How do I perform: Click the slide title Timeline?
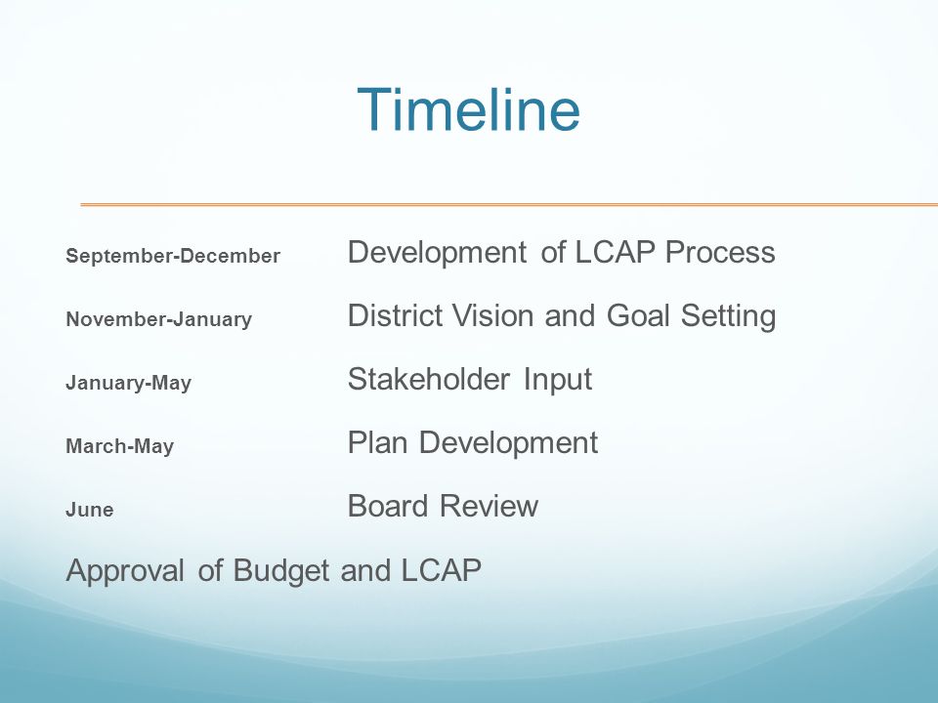468,109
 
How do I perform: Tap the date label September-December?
173,256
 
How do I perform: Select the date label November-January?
158,319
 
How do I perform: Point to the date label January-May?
129,383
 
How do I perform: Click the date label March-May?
119,446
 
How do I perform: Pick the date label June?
90,510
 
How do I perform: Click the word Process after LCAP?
720,252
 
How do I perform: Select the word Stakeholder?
428,379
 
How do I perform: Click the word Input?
558,380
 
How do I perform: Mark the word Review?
489,506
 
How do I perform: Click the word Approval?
125,571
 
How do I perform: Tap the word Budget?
280,571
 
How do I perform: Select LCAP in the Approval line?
441,569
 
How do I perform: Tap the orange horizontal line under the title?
509,205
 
